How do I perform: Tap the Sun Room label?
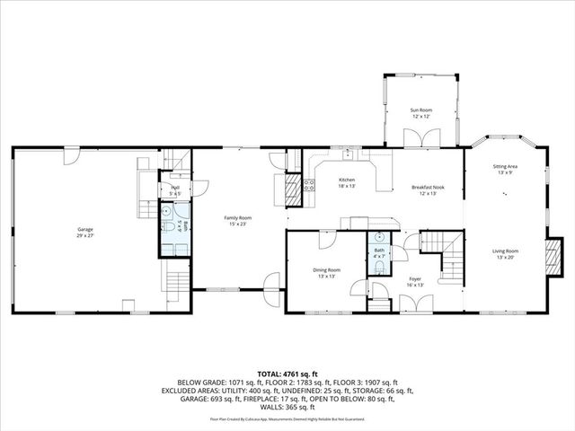point(421,113)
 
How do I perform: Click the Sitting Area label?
point(505,169)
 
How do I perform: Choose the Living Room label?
point(505,254)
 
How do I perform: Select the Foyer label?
point(415,281)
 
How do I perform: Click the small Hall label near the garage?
point(175,189)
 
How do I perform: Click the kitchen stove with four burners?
point(309,186)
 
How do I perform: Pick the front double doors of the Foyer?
point(415,305)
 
